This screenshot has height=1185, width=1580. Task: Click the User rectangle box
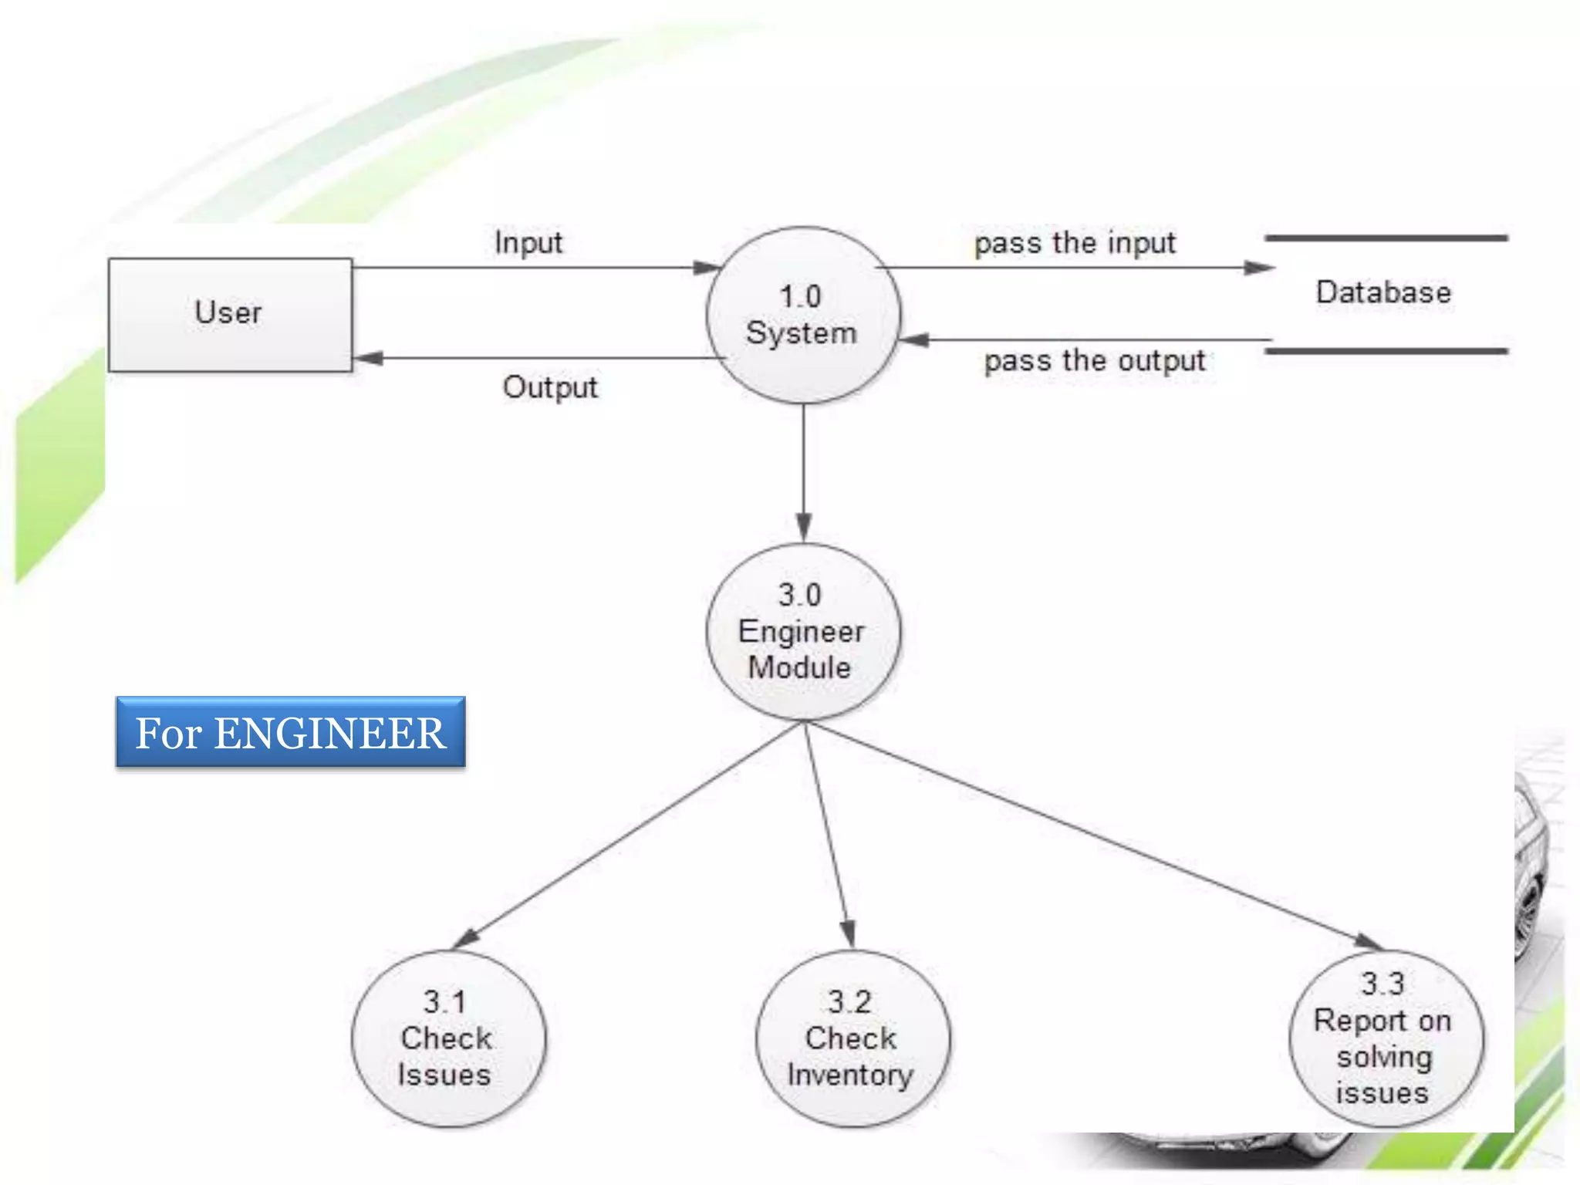(230, 315)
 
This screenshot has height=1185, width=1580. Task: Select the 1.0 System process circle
(802, 315)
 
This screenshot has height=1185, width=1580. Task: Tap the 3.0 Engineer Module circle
(802, 631)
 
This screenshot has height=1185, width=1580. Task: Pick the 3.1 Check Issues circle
(447, 1038)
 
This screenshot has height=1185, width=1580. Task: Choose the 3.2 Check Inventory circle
(852, 1038)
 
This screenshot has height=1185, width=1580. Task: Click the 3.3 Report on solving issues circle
(1384, 1038)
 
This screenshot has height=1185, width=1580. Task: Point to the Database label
(1382, 292)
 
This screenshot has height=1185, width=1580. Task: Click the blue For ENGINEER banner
(291, 732)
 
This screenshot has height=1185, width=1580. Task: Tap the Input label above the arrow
(528, 242)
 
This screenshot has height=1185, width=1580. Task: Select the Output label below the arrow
(550, 387)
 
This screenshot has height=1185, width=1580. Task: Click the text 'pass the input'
(1075, 243)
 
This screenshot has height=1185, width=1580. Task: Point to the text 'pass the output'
(1094, 360)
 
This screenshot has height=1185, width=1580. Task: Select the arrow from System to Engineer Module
(803, 471)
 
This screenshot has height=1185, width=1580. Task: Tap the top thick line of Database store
(1386, 238)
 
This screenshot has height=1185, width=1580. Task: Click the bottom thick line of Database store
(1386, 351)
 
